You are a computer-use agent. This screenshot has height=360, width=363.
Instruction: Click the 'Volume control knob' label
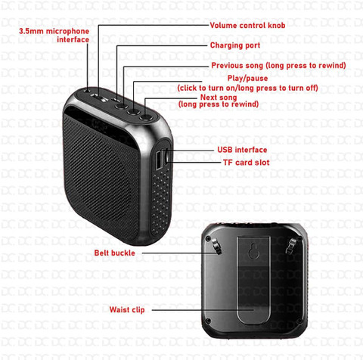coord(247,25)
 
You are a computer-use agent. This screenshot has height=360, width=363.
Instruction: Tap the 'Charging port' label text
coord(234,45)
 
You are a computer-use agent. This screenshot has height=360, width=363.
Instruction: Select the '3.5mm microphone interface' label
coord(54,35)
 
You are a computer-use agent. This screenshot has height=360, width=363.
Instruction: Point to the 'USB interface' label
coord(241,150)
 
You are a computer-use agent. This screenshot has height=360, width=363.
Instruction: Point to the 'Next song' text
coord(219,97)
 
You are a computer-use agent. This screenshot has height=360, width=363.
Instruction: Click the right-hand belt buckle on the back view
coord(293,245)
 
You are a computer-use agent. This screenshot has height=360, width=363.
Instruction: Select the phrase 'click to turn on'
coord(208,88)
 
